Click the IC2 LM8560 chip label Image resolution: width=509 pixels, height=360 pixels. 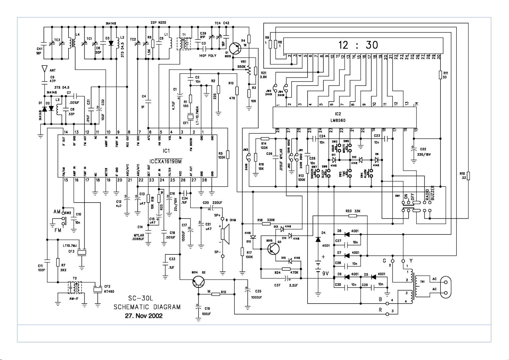(x=338, y=117)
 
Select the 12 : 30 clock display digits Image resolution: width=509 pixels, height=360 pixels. (x=358, y=45)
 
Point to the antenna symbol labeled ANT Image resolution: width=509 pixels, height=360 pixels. (x=44, y=69)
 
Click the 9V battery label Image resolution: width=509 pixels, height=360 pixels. (x=325, y=273)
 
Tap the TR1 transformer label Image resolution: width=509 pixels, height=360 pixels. (x=422, y=282)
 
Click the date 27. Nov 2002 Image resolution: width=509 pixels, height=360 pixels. (x=144, y=316)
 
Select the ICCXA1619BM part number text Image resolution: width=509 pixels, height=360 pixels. (x=166, y=162)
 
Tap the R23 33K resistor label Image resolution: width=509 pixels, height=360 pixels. (x=353, y=211)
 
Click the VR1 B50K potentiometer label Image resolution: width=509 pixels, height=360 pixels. (x=241, y=64)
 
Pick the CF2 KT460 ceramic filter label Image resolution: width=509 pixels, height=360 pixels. (x=107, y=289)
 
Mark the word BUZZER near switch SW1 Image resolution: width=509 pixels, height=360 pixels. (x=433, y=192)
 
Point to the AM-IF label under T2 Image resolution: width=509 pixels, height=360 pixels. (x=74, y=299)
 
